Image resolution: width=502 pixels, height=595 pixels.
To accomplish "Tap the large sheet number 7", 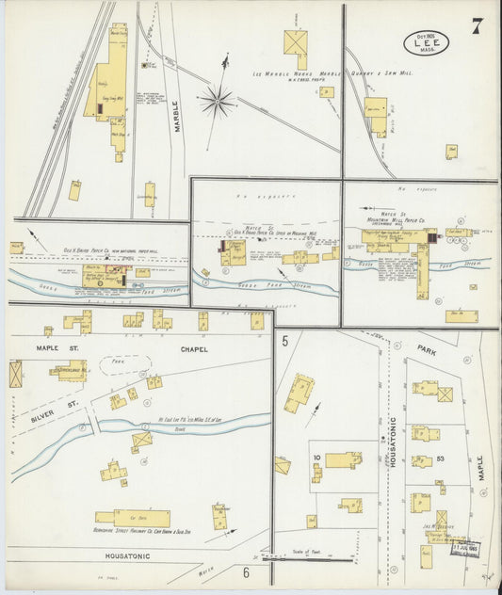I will [478, 25].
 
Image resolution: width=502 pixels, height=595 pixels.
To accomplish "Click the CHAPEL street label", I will [189, 350].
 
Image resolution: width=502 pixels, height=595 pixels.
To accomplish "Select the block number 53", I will [440, 459].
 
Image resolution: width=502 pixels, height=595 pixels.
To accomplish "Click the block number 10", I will [317, 458].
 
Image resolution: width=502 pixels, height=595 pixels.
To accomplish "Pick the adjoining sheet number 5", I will [283, 344].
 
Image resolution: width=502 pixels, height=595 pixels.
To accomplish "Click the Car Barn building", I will [132, 519].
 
